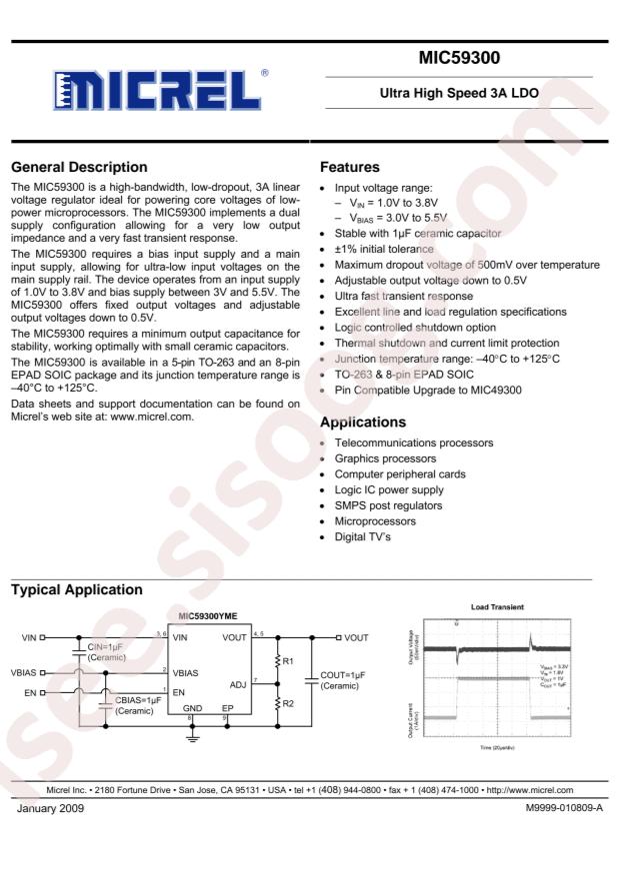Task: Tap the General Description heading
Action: [78, 167]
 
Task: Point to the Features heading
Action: [348, 167]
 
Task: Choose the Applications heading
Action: [362, 422]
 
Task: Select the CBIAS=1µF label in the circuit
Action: [141, 705]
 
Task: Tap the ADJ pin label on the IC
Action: [238, 685]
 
